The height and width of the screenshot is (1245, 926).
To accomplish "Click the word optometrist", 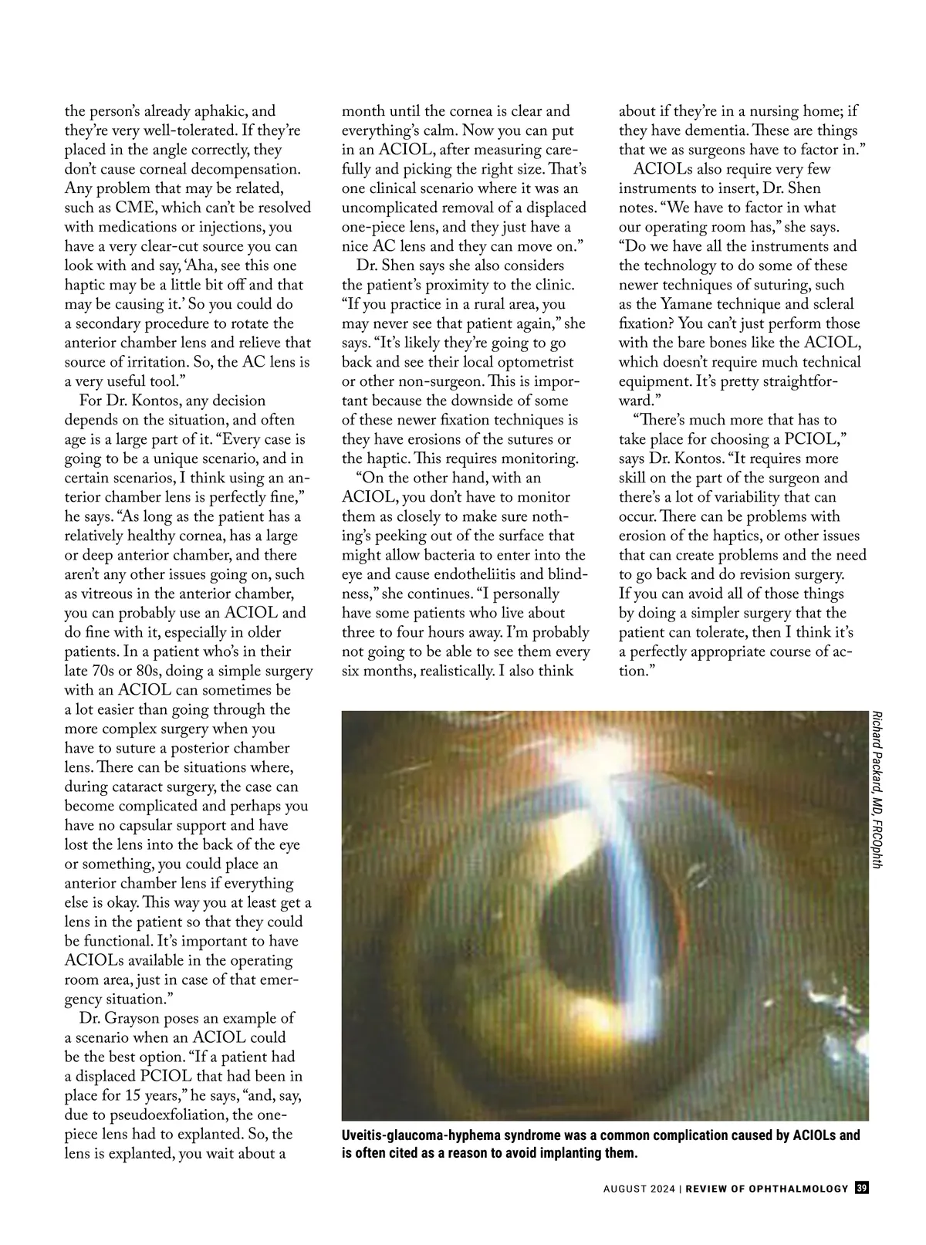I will (x=529, y=362).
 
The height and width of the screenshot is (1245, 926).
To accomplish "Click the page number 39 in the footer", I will (x=862, y=1209).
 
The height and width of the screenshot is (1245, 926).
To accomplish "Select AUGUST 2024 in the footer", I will (x=638, y=1210).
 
